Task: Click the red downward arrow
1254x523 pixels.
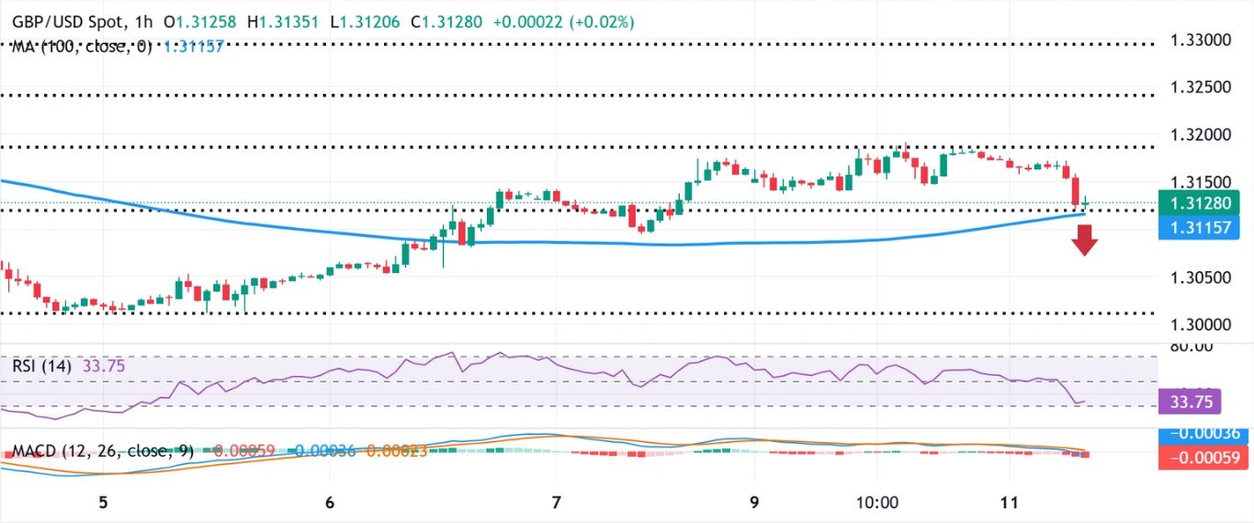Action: coord(1085,242)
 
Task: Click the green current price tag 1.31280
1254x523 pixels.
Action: coord(1200,202)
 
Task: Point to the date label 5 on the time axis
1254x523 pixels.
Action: coord(104,502)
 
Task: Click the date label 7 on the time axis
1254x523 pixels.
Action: coord(556,502)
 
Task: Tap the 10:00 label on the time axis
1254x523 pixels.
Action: coord(876,502)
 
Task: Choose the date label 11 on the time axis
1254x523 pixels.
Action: coord(1009,502)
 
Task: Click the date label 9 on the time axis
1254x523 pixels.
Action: coord(753,502)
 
